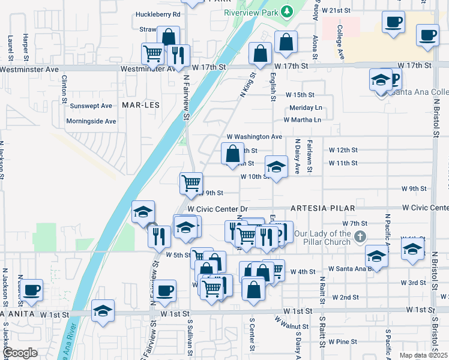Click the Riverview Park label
coord(252,13)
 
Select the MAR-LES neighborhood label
coord(141,104)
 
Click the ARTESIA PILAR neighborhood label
coord(316,208)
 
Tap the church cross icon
coord(360,236)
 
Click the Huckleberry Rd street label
coord(158,14)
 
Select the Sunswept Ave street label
coord(91,106)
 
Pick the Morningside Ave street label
coord(92,121)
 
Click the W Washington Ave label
coord(254,137)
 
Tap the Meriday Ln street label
coord(306,108)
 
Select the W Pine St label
coord(342,341)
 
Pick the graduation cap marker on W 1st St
coord(103,310)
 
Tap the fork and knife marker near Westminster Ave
coord(178,55)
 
